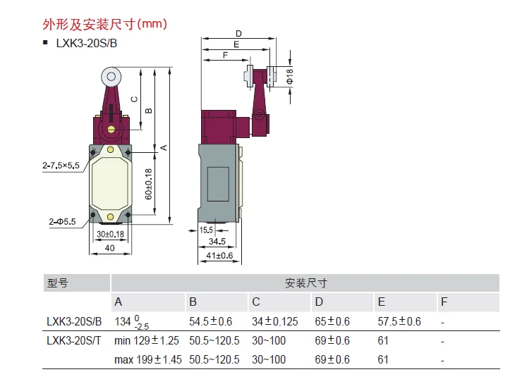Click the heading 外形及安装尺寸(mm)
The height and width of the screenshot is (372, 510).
(105, 25)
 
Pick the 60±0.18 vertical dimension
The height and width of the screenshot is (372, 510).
(147, 184)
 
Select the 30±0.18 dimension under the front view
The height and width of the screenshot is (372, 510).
(110, 234)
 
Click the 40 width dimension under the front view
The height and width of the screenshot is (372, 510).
(110, 248)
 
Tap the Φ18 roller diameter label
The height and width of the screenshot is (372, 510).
(290, 76)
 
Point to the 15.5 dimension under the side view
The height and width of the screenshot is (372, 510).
(207, 229)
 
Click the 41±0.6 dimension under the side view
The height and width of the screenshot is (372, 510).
(219, 255)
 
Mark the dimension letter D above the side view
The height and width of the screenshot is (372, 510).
(238, 33)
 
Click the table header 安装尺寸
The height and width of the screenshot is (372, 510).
(305, 283)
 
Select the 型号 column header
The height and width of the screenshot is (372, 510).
(57, 283)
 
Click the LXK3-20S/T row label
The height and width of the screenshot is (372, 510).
(74, 341)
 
